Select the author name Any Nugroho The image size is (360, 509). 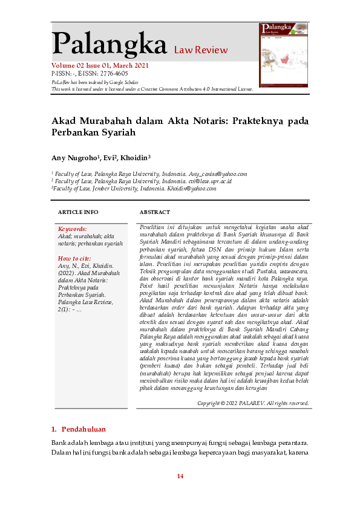[73, 158]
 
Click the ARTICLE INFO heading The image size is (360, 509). [78, 213]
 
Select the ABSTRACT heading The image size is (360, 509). [155, 213]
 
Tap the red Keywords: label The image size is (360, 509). [72, 229]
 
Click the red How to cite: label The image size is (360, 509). [74, 258]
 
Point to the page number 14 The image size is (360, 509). [180, 476]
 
